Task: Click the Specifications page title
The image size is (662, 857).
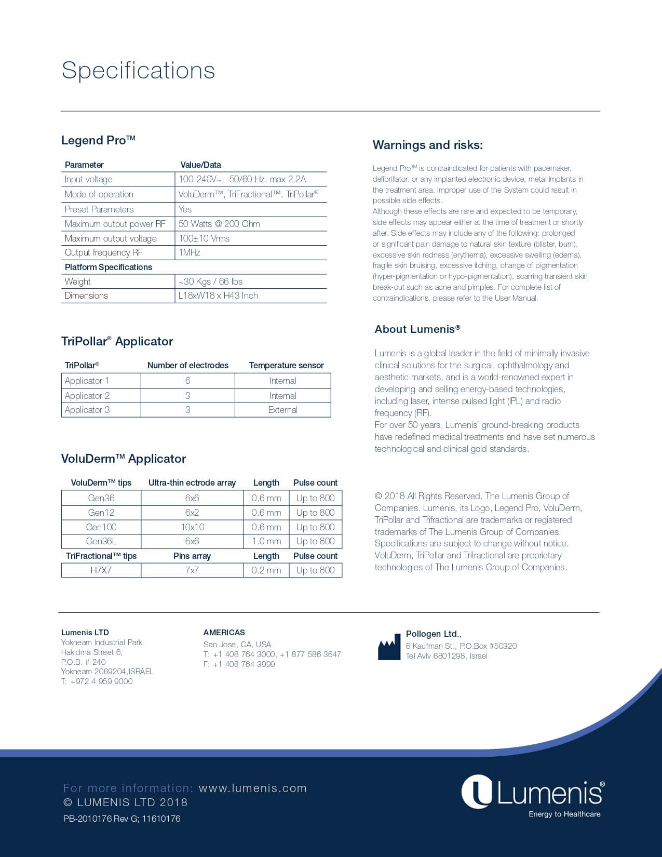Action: [x=138, y=71]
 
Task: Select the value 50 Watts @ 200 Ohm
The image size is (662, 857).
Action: [x=219, y=224]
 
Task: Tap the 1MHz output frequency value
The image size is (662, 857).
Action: [x=190, y=252]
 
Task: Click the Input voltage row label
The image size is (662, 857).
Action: [x=88, y=179]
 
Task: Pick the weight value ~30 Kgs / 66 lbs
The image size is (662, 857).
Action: [x=210, y=282]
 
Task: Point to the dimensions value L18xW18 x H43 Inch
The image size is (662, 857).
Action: [x=218, y=296]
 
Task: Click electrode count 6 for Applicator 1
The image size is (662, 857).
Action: [x=187, y=381]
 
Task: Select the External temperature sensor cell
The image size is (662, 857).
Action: [x=282, y=410]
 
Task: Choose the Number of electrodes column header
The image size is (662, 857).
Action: [x=187, y=365]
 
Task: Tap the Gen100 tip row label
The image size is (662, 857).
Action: [x=101, y=527]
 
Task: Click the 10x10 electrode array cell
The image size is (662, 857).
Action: [x=192, y=527]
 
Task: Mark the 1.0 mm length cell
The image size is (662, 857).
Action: [x=266, y=541]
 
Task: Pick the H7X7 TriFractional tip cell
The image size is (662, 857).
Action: [x=101, y=570]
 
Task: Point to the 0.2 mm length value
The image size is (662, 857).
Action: [x=266, y=570]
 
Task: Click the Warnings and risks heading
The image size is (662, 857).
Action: [x=427, y=145]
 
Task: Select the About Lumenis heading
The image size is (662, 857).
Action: [x=417, y=329]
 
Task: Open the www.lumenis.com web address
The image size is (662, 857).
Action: [x=252, y=788]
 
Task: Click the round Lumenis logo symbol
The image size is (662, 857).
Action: [x=477, y=792]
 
